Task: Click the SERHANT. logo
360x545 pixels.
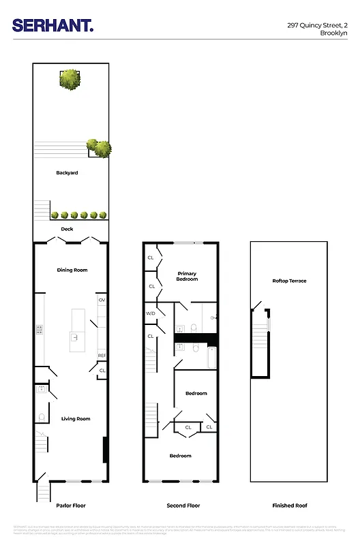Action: (x=53, y=26)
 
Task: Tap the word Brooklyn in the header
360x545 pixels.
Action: (x=333, y=32)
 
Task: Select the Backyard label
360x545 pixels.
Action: (x=67, y=173)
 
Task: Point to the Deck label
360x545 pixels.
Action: (x=67, y=229)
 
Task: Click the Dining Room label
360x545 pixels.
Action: (x=72, y=270)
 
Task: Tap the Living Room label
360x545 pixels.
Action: (x=76, y=419)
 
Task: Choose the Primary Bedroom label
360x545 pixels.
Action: (x=187, y=276)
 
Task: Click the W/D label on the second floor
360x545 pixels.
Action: (x=151, y=313)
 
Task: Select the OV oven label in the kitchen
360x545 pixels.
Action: (x=102, y=300)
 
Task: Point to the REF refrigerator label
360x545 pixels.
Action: (x=102, y=356)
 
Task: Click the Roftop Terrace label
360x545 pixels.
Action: (x=289, y=281)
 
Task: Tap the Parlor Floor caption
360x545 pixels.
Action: (x=71, y=506)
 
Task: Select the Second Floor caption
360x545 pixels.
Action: (x=183, y=506)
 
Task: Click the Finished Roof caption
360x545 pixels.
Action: (x=290, y=506)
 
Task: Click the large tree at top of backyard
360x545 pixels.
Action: (x=70, y=79)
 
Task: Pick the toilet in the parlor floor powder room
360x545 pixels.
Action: (x=42, y=418)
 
